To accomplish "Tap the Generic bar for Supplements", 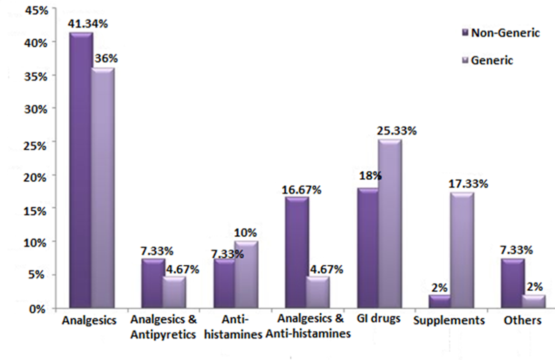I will coord(462,251).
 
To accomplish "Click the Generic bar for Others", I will coord(534,302).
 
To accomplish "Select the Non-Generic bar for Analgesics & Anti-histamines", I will coord(296,253).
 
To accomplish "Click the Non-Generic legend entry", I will coord(500,33).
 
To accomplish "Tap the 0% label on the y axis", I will coord(39,309).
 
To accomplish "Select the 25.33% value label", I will coord(397,131).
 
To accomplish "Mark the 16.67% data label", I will coord(302,189).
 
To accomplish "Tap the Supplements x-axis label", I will coord(449,320).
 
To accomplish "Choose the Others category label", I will coord(523,320).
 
